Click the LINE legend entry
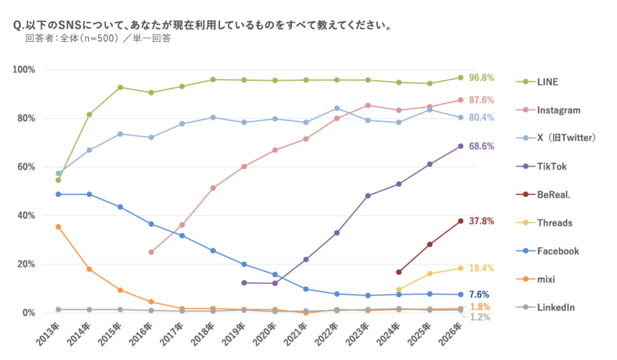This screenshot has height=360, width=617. [x=548, y=82]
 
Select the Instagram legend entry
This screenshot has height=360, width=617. [x=559, y=110]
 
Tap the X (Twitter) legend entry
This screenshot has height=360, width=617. [x=566, y=138]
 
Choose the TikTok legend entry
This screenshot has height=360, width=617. [x=553, y=166]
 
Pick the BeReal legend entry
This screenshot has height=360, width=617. [x=554, y=195]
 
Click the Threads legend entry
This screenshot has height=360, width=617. [x=556, y=223]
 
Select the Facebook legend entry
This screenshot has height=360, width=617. [x=558, y=251]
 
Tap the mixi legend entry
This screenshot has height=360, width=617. [x=547, y=279]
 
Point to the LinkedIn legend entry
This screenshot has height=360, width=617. [x=556, y=307]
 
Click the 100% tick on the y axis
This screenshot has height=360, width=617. [x=23, y=70]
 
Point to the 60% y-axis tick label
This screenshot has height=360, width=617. [x=25, y=167]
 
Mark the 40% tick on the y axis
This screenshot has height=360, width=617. [x=25, y=215]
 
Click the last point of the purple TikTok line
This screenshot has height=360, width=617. [x=461, y=146]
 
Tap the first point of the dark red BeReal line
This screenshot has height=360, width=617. [x=398, y=272]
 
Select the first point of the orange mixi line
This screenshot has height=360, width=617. [x=58, y=226]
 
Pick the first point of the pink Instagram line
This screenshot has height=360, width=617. [x=151, y=252]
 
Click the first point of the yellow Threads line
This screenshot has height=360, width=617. [x=398, y=289]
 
